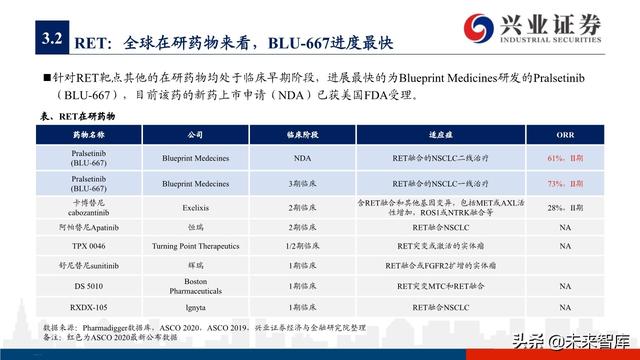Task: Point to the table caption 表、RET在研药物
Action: pyautogui.click(x=79, y=116)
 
